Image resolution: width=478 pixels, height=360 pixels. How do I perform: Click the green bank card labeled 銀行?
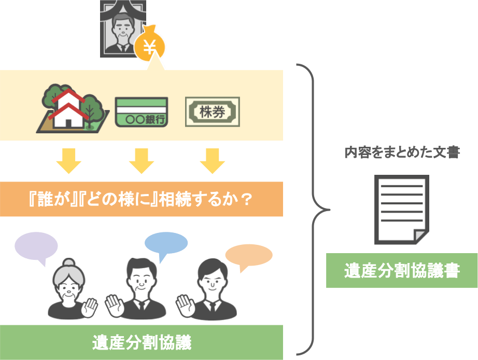142,112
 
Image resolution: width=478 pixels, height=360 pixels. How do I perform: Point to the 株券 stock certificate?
213,112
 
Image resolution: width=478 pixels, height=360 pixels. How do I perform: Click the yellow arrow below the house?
68,161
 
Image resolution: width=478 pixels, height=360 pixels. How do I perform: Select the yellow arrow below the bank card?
142,161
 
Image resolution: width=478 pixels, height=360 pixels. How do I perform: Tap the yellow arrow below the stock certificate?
213,161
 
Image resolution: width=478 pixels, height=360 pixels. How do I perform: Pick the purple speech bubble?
36,247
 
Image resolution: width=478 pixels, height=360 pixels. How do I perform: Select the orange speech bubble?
249,256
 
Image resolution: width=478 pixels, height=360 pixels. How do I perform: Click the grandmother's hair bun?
69,262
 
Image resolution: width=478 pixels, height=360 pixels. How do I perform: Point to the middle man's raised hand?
115,306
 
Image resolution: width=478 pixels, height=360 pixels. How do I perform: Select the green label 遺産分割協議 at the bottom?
142,342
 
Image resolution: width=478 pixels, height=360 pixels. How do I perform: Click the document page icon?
402,210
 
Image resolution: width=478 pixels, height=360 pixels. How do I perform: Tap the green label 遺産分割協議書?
402,270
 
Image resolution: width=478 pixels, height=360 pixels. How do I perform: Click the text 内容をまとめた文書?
402,152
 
